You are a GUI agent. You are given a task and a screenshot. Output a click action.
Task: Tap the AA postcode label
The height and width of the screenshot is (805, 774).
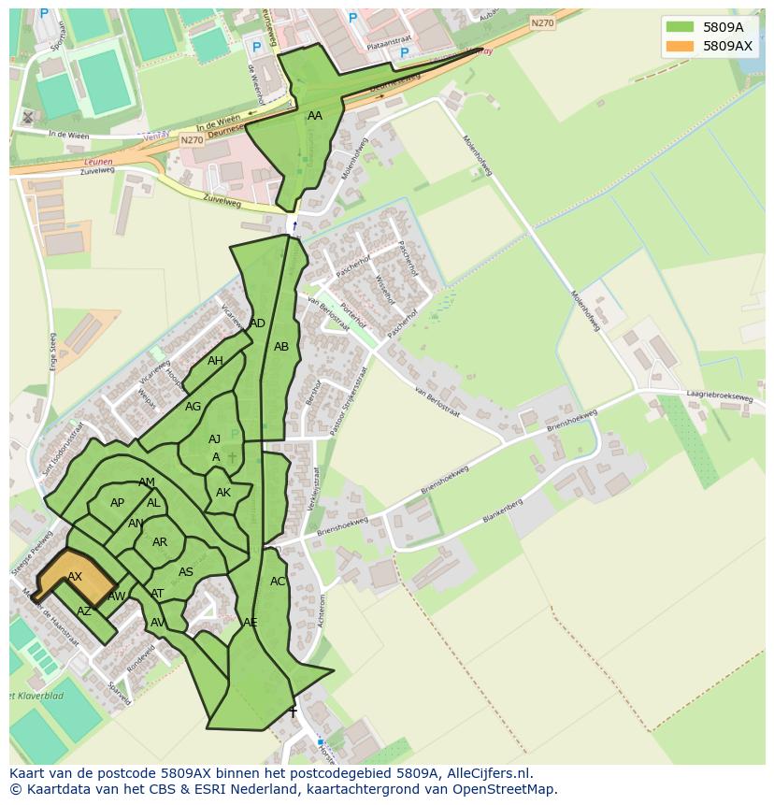[x=315, y=116]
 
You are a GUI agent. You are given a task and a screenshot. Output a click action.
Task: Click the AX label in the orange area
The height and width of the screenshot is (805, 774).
[x=75, y=577]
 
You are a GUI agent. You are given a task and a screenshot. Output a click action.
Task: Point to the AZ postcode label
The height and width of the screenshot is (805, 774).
[x=84, y=611]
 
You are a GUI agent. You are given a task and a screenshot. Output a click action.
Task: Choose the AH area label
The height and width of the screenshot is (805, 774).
[x=215, y=361]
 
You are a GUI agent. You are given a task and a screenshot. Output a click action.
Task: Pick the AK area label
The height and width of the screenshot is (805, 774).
[x=223, y=493]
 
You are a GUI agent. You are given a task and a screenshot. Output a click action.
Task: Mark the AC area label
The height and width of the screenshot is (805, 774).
[x=278, y=582]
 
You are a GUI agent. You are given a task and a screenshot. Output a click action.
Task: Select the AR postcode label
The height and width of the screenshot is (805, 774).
[x=160, y=542]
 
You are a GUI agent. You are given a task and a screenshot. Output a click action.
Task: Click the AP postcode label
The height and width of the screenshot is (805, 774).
[x=117, y=503]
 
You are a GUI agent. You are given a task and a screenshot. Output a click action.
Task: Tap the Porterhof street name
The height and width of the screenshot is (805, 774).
[x=355, y=316]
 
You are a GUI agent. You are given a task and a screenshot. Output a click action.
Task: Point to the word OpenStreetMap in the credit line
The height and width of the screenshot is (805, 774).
[x=503, y=789]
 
